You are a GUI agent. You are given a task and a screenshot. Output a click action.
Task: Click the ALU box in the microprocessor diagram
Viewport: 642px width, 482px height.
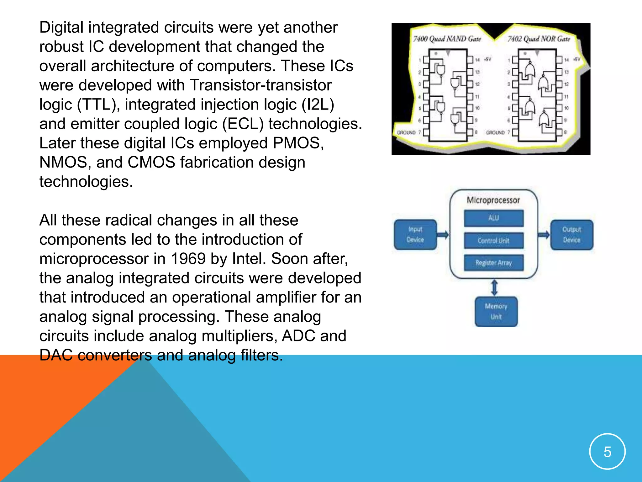pos(493,218)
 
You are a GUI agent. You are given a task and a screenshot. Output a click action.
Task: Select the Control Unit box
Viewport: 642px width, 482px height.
pos(493,241)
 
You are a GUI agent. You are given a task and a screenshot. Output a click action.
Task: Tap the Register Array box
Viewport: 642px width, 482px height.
pos(493,263)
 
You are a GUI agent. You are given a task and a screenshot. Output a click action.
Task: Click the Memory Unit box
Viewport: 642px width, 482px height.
pos(496,311)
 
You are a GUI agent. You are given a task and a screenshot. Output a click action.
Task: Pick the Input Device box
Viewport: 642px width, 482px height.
pos(415,234)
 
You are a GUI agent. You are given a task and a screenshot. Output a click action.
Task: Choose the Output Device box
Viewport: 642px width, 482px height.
pos(571,235)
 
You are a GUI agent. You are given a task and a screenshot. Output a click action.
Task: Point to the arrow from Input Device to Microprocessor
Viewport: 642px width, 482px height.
pos(443,234)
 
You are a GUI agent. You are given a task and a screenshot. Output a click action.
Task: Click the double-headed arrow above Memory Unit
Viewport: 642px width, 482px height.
pos(494,287)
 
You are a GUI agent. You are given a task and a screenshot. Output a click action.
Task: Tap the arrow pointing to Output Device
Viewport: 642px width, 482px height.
pos(544,235)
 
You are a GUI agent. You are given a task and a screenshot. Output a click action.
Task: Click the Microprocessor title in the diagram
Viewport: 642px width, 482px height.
pos(493,200)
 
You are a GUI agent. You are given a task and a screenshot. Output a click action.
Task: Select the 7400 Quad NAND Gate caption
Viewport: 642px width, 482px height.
pos(447,39)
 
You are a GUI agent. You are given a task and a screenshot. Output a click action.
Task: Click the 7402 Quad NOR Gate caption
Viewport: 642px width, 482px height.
pos(539,39)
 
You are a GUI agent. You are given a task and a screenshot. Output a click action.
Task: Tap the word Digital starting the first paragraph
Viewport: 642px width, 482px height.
pos(61,28)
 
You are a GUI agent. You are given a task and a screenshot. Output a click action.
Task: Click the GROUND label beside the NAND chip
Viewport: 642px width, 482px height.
pos(406,132)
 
